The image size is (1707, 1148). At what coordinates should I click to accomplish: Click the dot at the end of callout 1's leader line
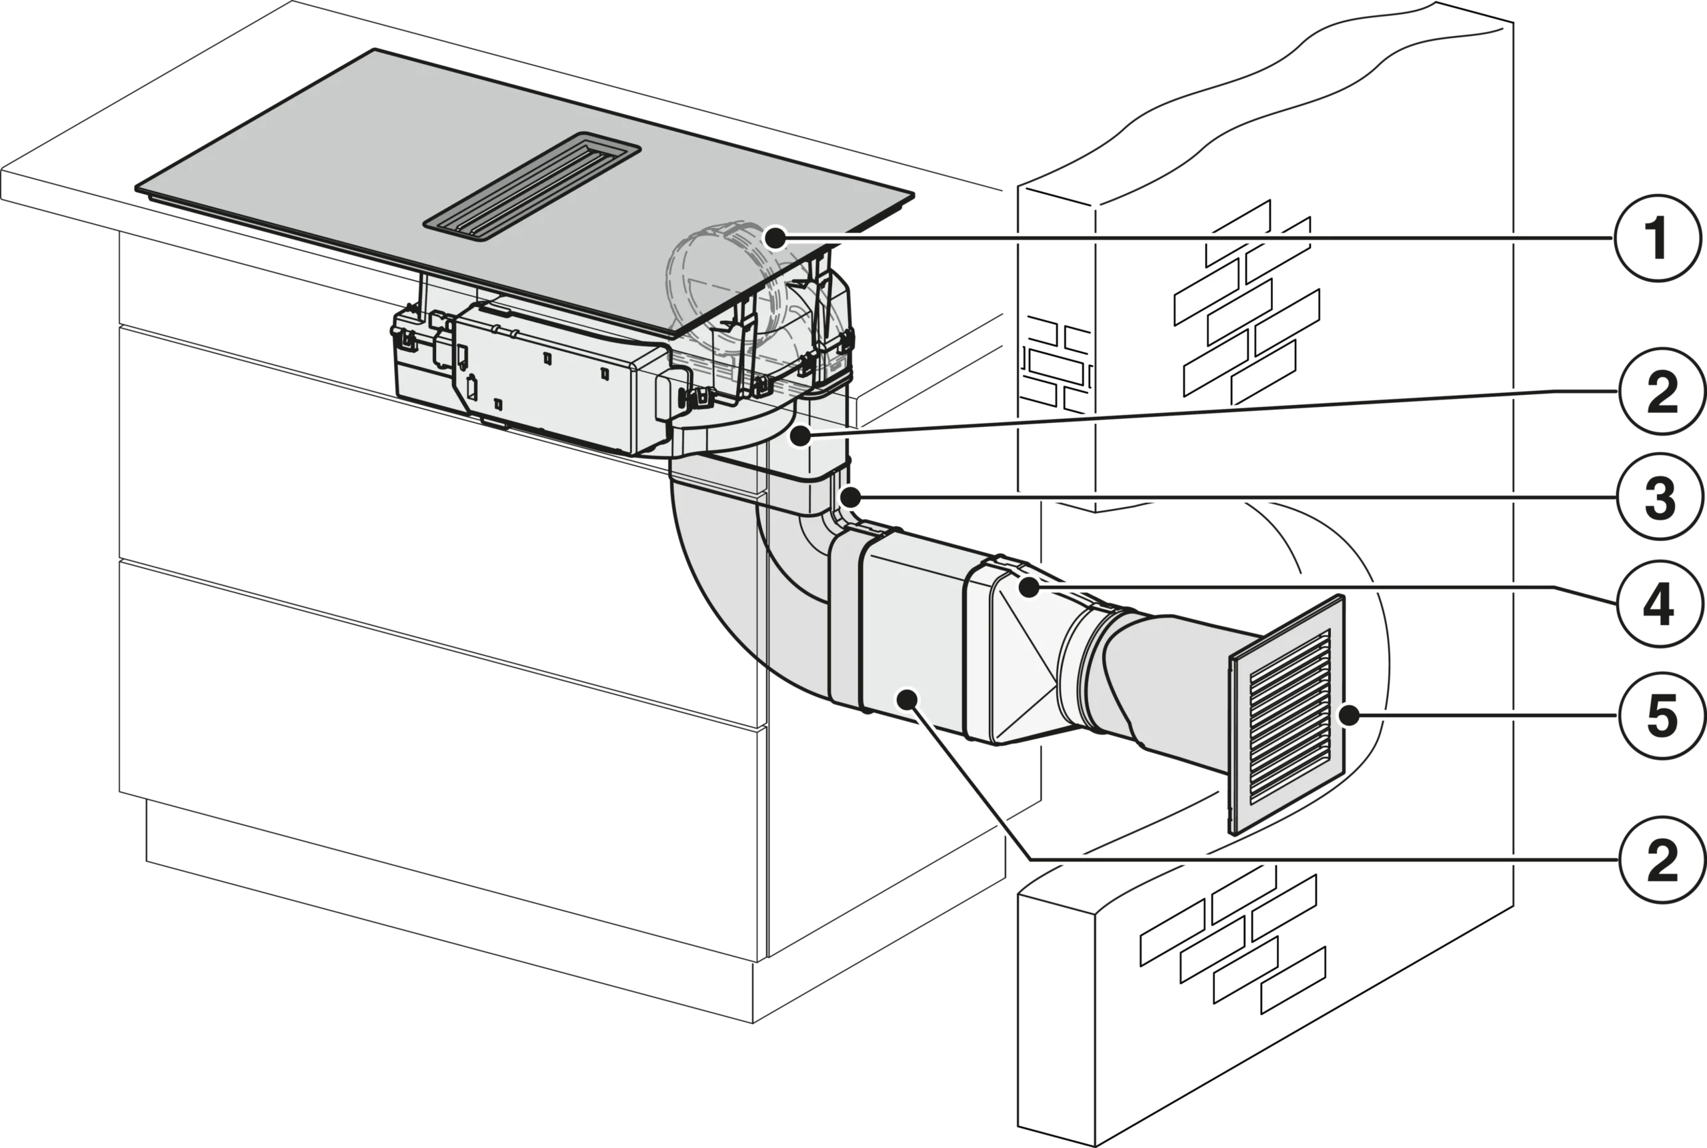[x=774, y=238]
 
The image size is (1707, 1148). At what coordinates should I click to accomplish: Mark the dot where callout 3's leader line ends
[x=850, y=498]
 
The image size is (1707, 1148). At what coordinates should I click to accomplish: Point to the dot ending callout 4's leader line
[x=1030, y=587]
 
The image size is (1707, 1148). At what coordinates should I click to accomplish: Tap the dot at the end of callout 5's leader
[x=1348, y=715]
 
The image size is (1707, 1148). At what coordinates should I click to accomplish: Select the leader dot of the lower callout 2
[x=908, y=699]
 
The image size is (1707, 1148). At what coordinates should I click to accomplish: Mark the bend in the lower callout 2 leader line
[x=1031, y=860]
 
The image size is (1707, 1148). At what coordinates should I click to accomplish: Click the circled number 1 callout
[x=1657, y=238]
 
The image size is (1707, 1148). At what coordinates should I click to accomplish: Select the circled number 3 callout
[x=1660, y=497]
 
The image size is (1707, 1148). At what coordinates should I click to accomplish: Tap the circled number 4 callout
[x=1660, y=604]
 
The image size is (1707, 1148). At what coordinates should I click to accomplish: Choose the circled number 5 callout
[x=1662, y=715]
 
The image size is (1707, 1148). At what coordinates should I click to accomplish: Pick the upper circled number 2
[x=1662, y=392]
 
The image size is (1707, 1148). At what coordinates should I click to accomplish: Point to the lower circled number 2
[x=1662, y=860]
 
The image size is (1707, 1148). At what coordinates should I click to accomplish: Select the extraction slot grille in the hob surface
[x=532, y=186]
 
